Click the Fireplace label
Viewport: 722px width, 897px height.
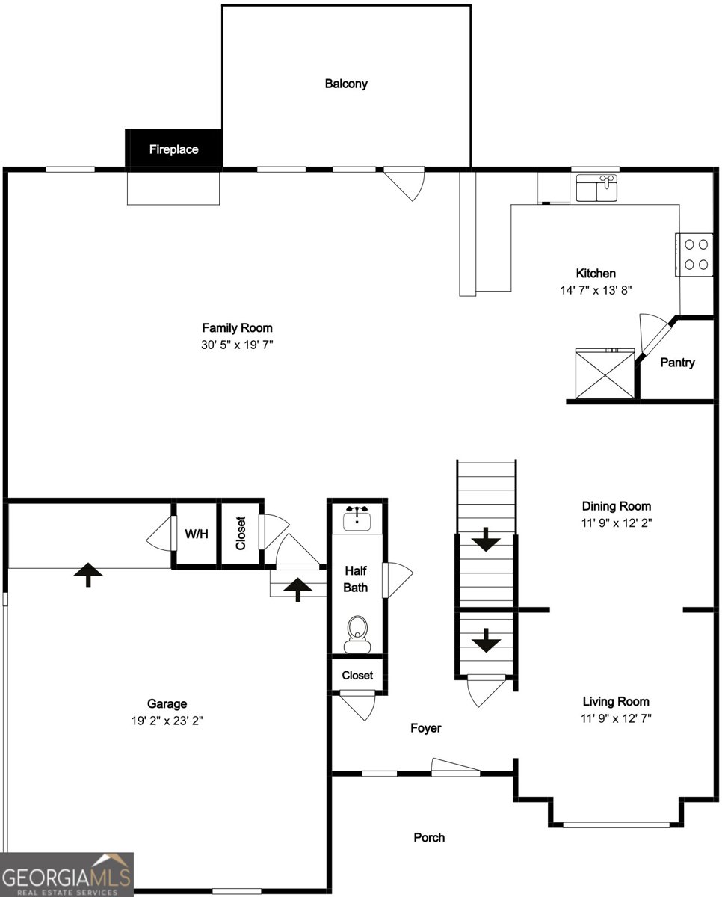coord(173,149)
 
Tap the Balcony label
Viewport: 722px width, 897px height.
coord(346,84)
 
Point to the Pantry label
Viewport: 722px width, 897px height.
coord(677,363)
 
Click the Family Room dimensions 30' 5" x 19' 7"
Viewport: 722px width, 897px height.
coord(237,344)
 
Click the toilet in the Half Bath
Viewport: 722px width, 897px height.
coord(358,634)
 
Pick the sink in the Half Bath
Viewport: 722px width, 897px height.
coord(357,517)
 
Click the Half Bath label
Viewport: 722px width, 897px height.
coord(356,578)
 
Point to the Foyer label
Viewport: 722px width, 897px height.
coord(426,727)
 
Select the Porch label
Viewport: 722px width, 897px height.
coord(429,837)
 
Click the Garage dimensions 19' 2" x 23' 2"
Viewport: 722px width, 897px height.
coord(167,721)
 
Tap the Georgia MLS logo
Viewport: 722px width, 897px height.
coord(67,875)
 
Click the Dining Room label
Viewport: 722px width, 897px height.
coord(616,506)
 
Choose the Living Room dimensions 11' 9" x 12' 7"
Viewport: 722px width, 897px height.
coord(616,718)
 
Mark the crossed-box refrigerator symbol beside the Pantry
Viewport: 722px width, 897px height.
coord(604,374)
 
